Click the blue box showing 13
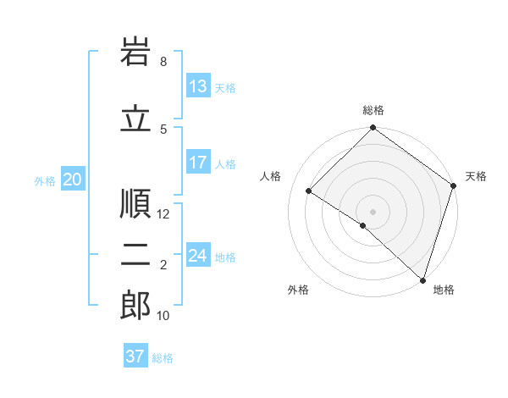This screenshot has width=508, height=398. click(x=198, y=87)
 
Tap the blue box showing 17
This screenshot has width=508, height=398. click(x=198, y=163)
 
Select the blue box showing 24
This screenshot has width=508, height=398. click(x=198, y=257)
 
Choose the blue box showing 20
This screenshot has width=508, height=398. click(x=73, y=180)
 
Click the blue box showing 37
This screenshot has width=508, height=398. click(x=135, y=357)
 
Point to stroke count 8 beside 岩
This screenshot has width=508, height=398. click(x=163, y=62)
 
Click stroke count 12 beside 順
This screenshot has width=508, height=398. click(x=163, y=214)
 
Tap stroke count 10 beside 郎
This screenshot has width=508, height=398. click(x=163, y=316)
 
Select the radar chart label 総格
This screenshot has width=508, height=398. click(x=373, y=110)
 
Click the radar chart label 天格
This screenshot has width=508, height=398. click(x=476, y=176)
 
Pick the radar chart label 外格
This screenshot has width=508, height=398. click(x=298, y=290)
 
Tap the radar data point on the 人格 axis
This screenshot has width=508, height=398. click(x=309, y=191)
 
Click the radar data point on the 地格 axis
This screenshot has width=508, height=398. click(x=422, y=279)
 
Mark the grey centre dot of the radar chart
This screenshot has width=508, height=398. click(x=373, y=211)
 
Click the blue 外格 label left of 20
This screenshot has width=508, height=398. click(x=45, y=180)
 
